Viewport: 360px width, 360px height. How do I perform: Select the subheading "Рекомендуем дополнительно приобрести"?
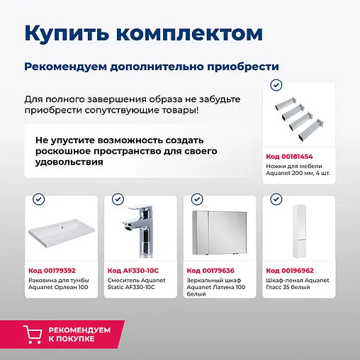tap(151, 66)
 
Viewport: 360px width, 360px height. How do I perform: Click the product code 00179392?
tap(52, 270)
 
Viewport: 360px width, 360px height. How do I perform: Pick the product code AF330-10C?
tap(132, 270)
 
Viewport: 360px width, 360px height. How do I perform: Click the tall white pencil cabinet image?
tap(297, 231)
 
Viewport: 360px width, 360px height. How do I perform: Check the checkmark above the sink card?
tap(38, 200)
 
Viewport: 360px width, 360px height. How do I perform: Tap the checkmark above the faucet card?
tap(117, 200)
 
